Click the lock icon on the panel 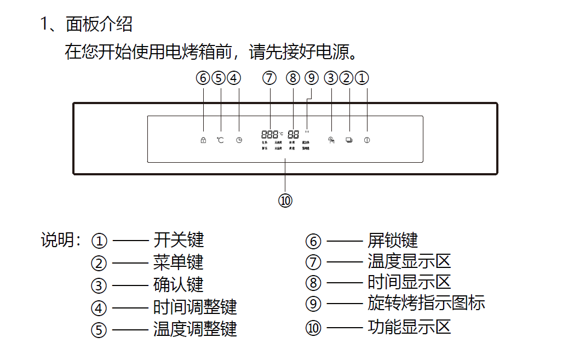[x=203, y=140]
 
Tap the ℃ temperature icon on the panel [x=220, y=140]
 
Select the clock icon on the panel [x=239, y=140]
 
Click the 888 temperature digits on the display [x=270, y=134]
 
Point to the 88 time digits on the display [x=293, y=134]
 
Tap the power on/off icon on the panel [x=366, y=140]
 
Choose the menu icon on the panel [x=349, y=140]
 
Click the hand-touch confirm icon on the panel [x=331, y=140]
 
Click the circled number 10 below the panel [x=285, y=201]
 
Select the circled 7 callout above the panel [x=269, y=78]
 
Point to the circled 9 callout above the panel [x=312, y=78]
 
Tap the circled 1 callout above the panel [x=361, y=78]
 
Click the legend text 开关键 [x=179, y=240]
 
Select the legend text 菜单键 [x=179, y=262]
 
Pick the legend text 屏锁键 [x=393, y=240]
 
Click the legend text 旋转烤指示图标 [x=426, y=302]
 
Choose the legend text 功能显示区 [x=409, y=327]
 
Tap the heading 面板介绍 [x=99, y=24]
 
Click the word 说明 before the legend [x=57, y=240]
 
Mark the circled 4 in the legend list [x=99, y=308]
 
